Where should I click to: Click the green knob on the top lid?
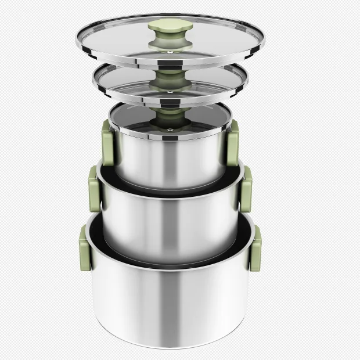coord(165,26)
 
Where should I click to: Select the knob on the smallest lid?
coord(170,113)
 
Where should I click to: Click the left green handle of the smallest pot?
coord(107,142)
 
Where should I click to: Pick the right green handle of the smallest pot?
coord(232,143)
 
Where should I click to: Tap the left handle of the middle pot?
coord(93,189)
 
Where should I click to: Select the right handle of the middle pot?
coord(246,189)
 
